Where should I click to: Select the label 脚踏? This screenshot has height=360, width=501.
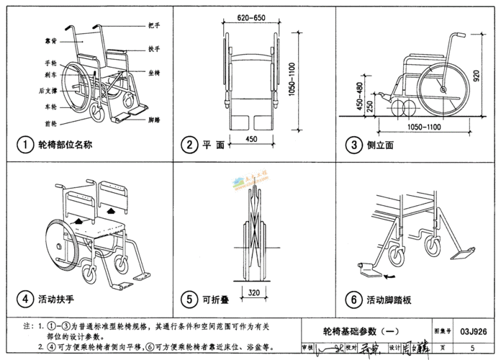153,120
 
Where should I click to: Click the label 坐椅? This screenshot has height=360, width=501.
154,73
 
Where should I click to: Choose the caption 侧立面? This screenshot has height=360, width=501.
381,145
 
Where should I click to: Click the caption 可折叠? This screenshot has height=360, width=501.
216,298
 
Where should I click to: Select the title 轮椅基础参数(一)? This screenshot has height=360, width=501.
359,332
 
